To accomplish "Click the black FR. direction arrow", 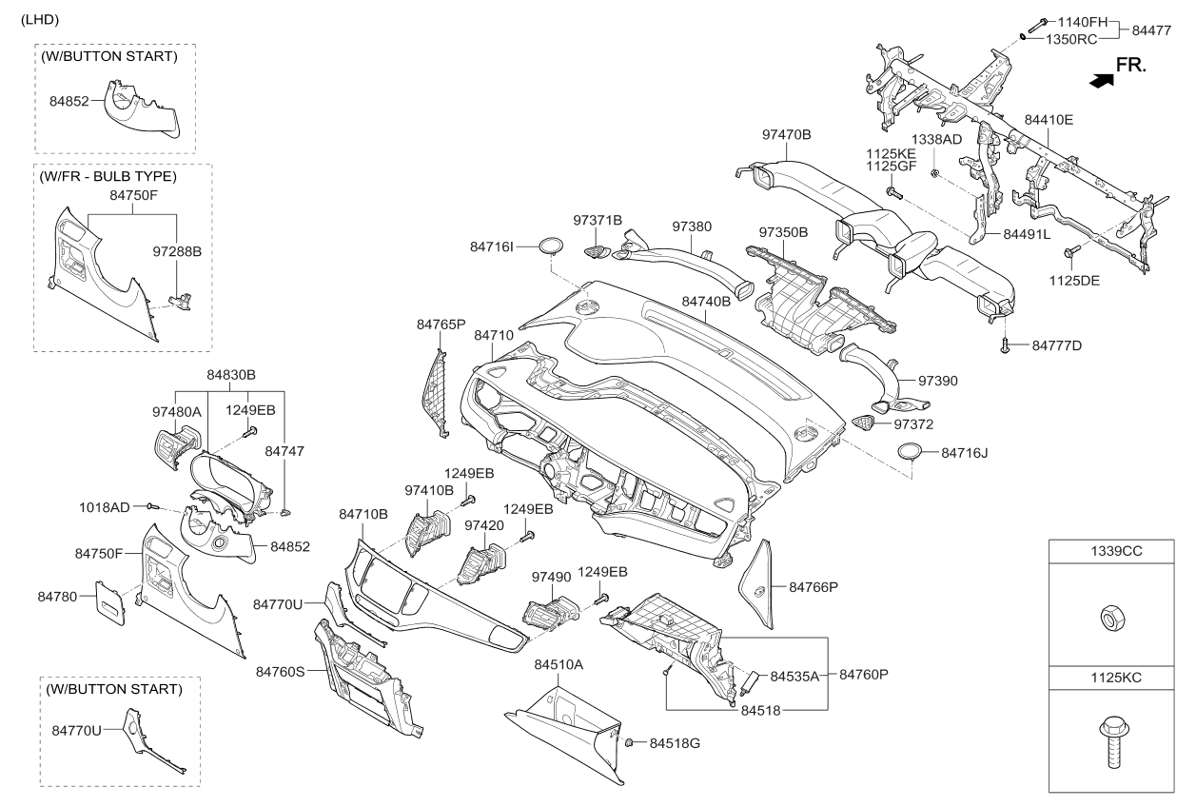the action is point(1102,81).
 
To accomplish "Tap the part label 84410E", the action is point(1049,120).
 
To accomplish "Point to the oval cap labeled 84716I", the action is point(550,246).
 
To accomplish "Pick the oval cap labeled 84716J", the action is point(911,452).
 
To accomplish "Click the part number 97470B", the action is point(786,134).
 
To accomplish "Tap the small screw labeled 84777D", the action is point(1005,345).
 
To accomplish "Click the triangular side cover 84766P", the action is point(757,585).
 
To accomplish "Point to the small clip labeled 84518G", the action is point(628,742).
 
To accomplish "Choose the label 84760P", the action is point(863,675).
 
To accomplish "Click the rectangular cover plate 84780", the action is point(109,603).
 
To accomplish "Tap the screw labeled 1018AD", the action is point(152,505).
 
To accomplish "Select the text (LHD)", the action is point(40,20).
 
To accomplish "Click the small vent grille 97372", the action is point(863,423).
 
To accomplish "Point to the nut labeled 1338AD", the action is point(934,172).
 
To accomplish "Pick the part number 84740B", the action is point(706,302).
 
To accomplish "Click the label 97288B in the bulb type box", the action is point(177,251).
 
